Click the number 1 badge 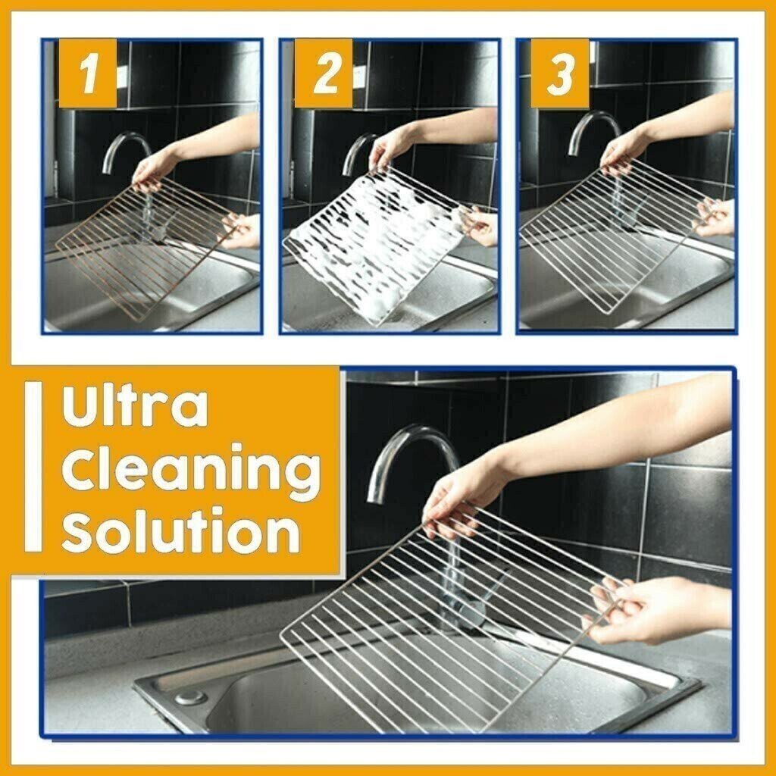(x=88, y=74)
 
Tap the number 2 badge (x=324, y=74)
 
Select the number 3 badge (x=560, y=74)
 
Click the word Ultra (x=135, y=408)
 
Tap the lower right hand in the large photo (x=652, y=610)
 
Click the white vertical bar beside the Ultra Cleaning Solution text (x=33, y=466)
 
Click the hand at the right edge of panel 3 (x=716, y=216)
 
